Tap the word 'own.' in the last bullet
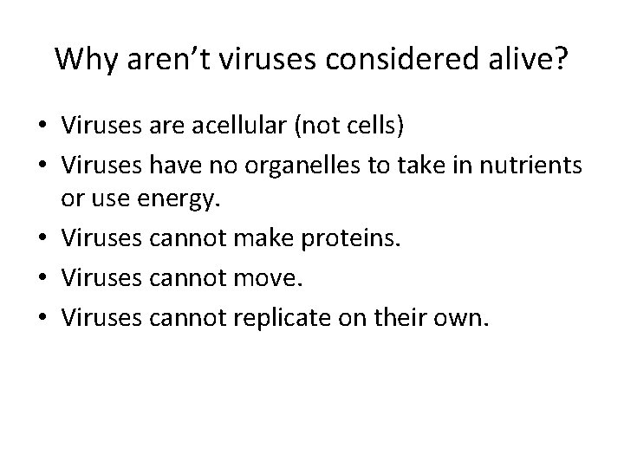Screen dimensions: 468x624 465,316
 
